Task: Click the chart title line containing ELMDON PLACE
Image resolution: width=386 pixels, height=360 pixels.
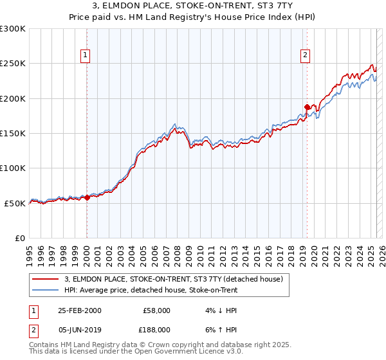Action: [193, 5]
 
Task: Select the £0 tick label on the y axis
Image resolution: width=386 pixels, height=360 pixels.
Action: [19, 238]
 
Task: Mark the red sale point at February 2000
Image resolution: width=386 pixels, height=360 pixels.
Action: [87, 197]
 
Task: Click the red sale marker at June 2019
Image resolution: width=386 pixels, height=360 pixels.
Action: [307, 107]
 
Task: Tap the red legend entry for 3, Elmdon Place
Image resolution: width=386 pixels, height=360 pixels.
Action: [178, 279]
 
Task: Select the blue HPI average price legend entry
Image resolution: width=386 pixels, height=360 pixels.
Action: [151, 290]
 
